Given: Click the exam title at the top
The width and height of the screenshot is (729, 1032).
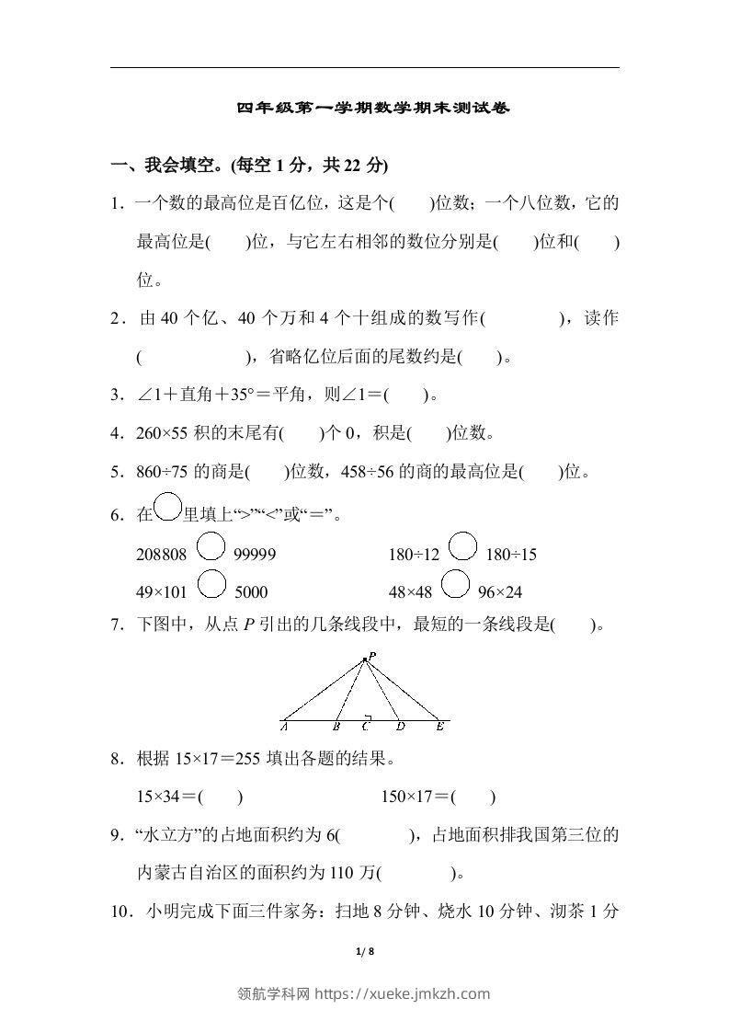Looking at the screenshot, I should pyautogui.click(x=372, y=108).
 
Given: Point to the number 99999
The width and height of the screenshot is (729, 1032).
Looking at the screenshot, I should pyautogui.click(x=255, y=555).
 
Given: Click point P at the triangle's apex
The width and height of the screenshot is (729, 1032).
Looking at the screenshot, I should pyautogui.click(x=366, y=658).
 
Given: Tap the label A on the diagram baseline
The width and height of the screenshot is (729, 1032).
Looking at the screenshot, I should pyautogui.click(x=283, y=727).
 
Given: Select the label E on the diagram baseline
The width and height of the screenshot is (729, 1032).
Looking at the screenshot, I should pyautogui.click(x=440, y=727).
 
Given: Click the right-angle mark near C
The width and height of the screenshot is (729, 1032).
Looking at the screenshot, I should pyautogui.click(x=367, y=715).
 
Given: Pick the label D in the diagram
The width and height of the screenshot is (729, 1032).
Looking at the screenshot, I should pyautogui.click(x=401, y=727).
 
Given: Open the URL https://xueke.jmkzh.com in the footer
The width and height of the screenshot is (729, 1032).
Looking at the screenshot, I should pyautogui.click(x=403, y=993).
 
